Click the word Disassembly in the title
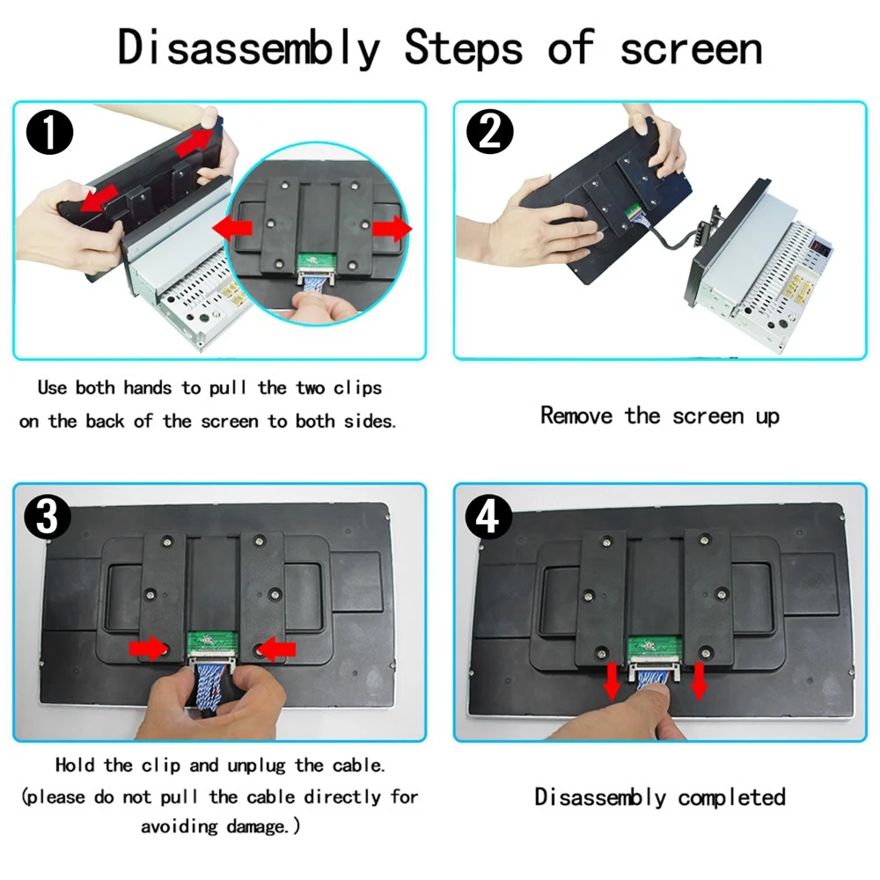(249, 48)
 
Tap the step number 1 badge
(49, 133)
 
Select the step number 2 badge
(490, 131)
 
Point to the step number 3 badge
(48, 517)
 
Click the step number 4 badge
(488, 517)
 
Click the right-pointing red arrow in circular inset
(392, 229)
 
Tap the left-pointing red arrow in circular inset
(232, 229)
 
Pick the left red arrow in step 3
(148, 649)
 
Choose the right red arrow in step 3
(276, 650)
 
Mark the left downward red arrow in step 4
(612, 680)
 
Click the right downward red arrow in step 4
(699, 680)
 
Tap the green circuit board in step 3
(212, 644)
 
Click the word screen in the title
(691, 49)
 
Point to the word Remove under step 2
(576, 416)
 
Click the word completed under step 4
(732, 797)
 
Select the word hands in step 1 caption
(148, 388)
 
